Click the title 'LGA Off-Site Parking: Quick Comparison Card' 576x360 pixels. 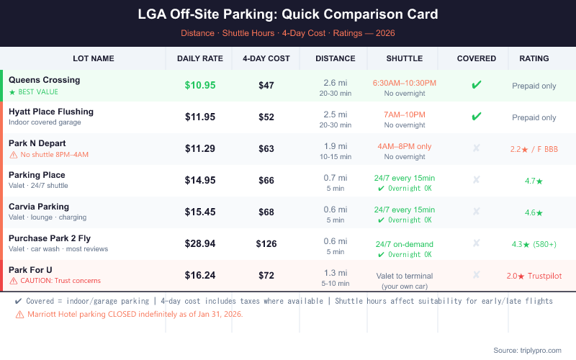click(288, 14)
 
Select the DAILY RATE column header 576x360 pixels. click(200, 58)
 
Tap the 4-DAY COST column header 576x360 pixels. click(266, 58)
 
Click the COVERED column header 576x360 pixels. click(477, 58)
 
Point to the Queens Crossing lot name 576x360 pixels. click(45, 80)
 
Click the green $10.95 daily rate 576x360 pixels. click(200, 85)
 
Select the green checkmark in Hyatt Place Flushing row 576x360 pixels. click(477, 117)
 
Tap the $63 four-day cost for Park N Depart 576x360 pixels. click(266, 149)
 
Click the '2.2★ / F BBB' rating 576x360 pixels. click(534, 149)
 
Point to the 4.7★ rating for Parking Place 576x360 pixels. click(534, 181)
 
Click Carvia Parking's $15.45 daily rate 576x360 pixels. click(200, 212)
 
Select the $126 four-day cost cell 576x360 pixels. click(266, 243)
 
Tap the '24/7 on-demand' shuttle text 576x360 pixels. click(405, 244)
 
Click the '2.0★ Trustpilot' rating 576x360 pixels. click(534, 276)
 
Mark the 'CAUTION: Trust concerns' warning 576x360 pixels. click(55, 281)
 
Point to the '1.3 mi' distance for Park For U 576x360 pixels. click(336, 272)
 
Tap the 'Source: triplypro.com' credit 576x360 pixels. click(526, 350)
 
